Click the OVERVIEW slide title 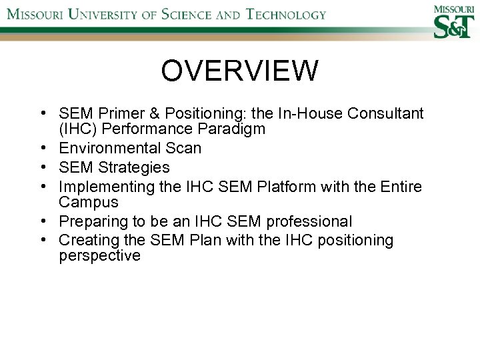tap(239, 71)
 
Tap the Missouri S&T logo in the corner tap(455, 21)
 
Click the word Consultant tap(388, 114)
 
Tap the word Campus tap(88, 201)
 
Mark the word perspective tap(99, 255)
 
